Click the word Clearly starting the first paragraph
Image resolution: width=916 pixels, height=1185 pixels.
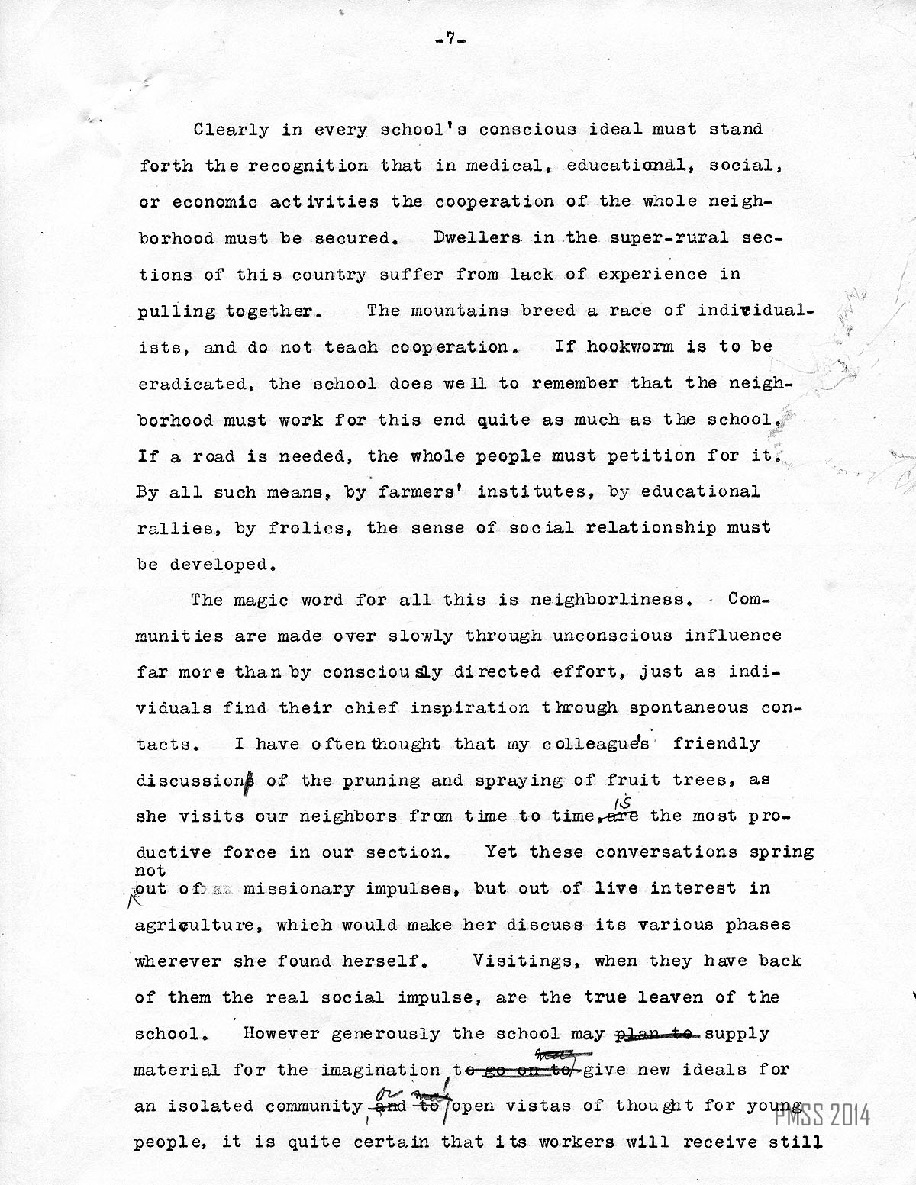coord(231,129)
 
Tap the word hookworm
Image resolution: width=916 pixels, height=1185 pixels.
coord(630,347)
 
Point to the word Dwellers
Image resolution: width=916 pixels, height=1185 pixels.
coord(466,238)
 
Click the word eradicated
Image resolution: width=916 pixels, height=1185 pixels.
coord(195,384)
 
